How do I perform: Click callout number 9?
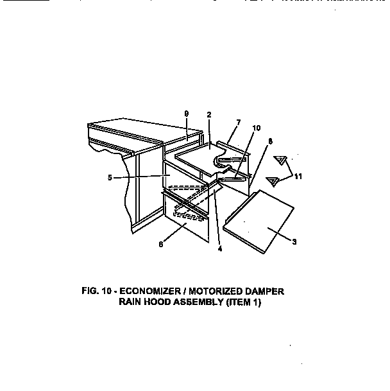[x=186, y=114]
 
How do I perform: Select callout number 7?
[x=239, y=122]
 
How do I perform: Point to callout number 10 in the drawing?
[x=256, y=128]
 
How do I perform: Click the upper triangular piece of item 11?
[x=280, y=160]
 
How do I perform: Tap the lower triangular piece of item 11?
[x=273, y=181]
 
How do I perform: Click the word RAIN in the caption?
[x=131, y=303]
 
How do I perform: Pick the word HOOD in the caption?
[x=159, y=303]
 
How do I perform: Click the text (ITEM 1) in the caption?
[x=244, y=303]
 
